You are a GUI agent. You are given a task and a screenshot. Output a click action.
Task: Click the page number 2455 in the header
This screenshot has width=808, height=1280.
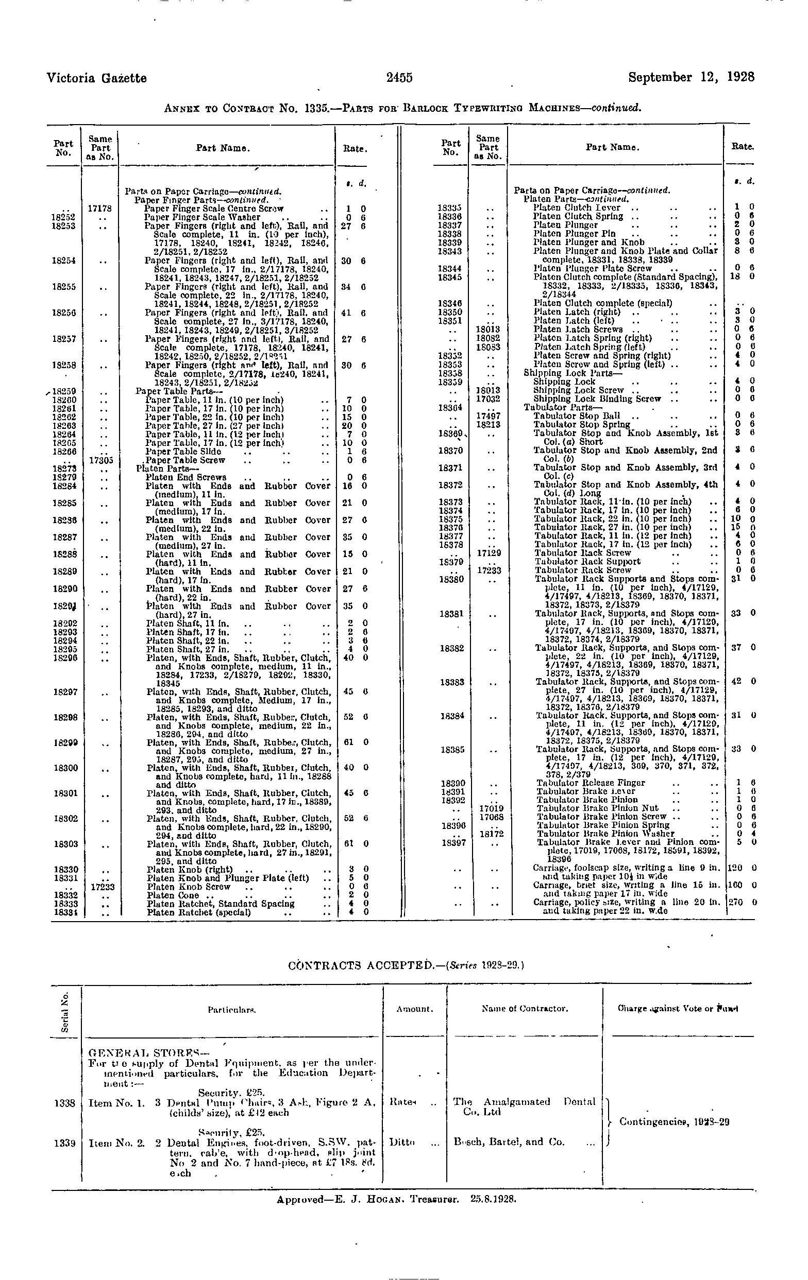[x=399, y=78]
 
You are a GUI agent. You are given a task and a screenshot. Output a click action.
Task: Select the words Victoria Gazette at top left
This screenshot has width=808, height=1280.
[x=96, y=78]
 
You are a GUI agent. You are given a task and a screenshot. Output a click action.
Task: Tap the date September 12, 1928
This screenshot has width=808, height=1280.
[x=691, y=77]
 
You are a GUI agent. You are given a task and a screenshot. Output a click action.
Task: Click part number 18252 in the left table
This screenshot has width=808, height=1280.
[x=63, y=217]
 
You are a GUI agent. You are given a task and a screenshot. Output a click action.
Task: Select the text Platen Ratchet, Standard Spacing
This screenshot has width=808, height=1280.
[x=220, y=904]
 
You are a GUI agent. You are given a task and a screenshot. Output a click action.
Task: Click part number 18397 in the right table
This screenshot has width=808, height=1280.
[x=450, y=842]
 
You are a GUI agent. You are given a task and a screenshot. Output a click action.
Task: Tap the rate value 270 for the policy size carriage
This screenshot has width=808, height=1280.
[x=735, y=902]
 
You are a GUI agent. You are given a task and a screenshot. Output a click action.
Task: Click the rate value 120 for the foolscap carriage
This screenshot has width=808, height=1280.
[x=735, y=868]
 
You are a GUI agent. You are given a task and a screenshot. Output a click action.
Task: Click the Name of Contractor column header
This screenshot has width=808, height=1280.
[x=525, y=1008]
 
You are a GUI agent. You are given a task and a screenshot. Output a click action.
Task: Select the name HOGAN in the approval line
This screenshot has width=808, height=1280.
[x=393, y=1199]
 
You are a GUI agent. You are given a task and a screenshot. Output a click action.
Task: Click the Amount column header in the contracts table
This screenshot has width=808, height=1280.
[x=414, y=1009]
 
